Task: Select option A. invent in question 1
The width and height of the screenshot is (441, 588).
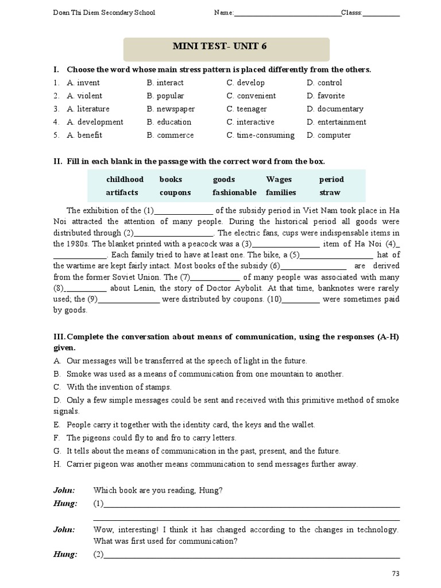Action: click(x=83, y=83)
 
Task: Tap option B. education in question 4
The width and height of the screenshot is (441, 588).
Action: click(x=169, y=122)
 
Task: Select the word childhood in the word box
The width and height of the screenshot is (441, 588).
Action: click(x=125, y=180)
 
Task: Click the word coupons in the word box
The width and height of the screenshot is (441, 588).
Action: click(x=175, y=192)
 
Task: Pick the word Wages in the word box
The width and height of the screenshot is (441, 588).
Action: click(x=279, y=180)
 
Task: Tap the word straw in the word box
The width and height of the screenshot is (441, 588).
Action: click(x=330, y=192)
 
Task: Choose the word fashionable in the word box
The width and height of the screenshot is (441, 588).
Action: click(x=234, y=192)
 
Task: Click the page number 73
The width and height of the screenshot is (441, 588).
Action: click(x=395, y=573)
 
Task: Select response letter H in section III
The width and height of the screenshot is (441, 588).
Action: click(x=57, y=464)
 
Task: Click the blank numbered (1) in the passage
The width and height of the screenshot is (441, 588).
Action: click(x=184, y=211)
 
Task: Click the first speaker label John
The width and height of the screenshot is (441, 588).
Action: click(x=64, y=490)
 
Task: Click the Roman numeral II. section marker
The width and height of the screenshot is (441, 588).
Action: click(x=57, y=162)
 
